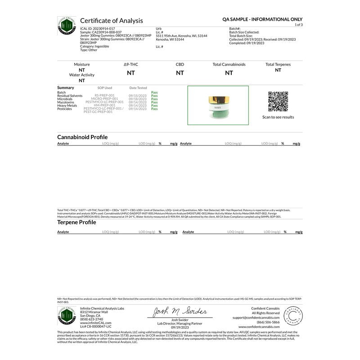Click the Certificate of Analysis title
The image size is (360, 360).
coord(111,21)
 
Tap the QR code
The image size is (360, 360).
coord(278,102)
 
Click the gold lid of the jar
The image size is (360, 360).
coord(218,99)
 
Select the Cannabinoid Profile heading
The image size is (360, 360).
coord(82,137)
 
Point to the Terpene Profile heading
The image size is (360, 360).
coord(76,222)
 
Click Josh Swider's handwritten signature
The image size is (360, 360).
coord(179,312)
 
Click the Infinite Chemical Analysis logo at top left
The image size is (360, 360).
coord(67,26)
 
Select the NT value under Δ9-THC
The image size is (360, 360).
coord(130,72)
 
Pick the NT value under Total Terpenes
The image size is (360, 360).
coord(278,70)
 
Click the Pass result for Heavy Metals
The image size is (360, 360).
coord(154,105)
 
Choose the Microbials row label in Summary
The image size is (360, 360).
coord(65,99)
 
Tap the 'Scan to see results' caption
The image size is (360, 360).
coord(278,117)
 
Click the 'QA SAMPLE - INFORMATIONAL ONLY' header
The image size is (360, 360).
coord(262,20)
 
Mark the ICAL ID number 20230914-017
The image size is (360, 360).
coord(101,28)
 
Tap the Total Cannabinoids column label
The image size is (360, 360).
coord(229,64)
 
